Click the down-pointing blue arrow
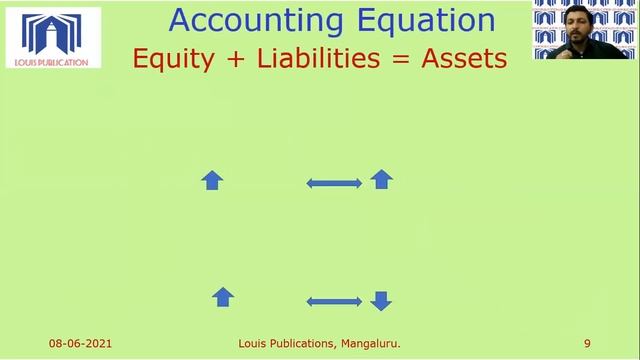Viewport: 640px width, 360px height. click(380, 300)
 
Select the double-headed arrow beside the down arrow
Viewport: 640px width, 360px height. click(334, 301)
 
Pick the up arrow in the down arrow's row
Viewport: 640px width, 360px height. click(223, 296)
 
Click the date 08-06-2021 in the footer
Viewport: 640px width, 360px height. click(80, 344)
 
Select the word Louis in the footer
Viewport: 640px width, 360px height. click(253, 344)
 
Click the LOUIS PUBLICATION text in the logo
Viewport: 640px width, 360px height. click(53, 62)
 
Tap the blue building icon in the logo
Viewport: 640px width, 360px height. click(52, 33)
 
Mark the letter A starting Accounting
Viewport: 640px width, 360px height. click(181, 20)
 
